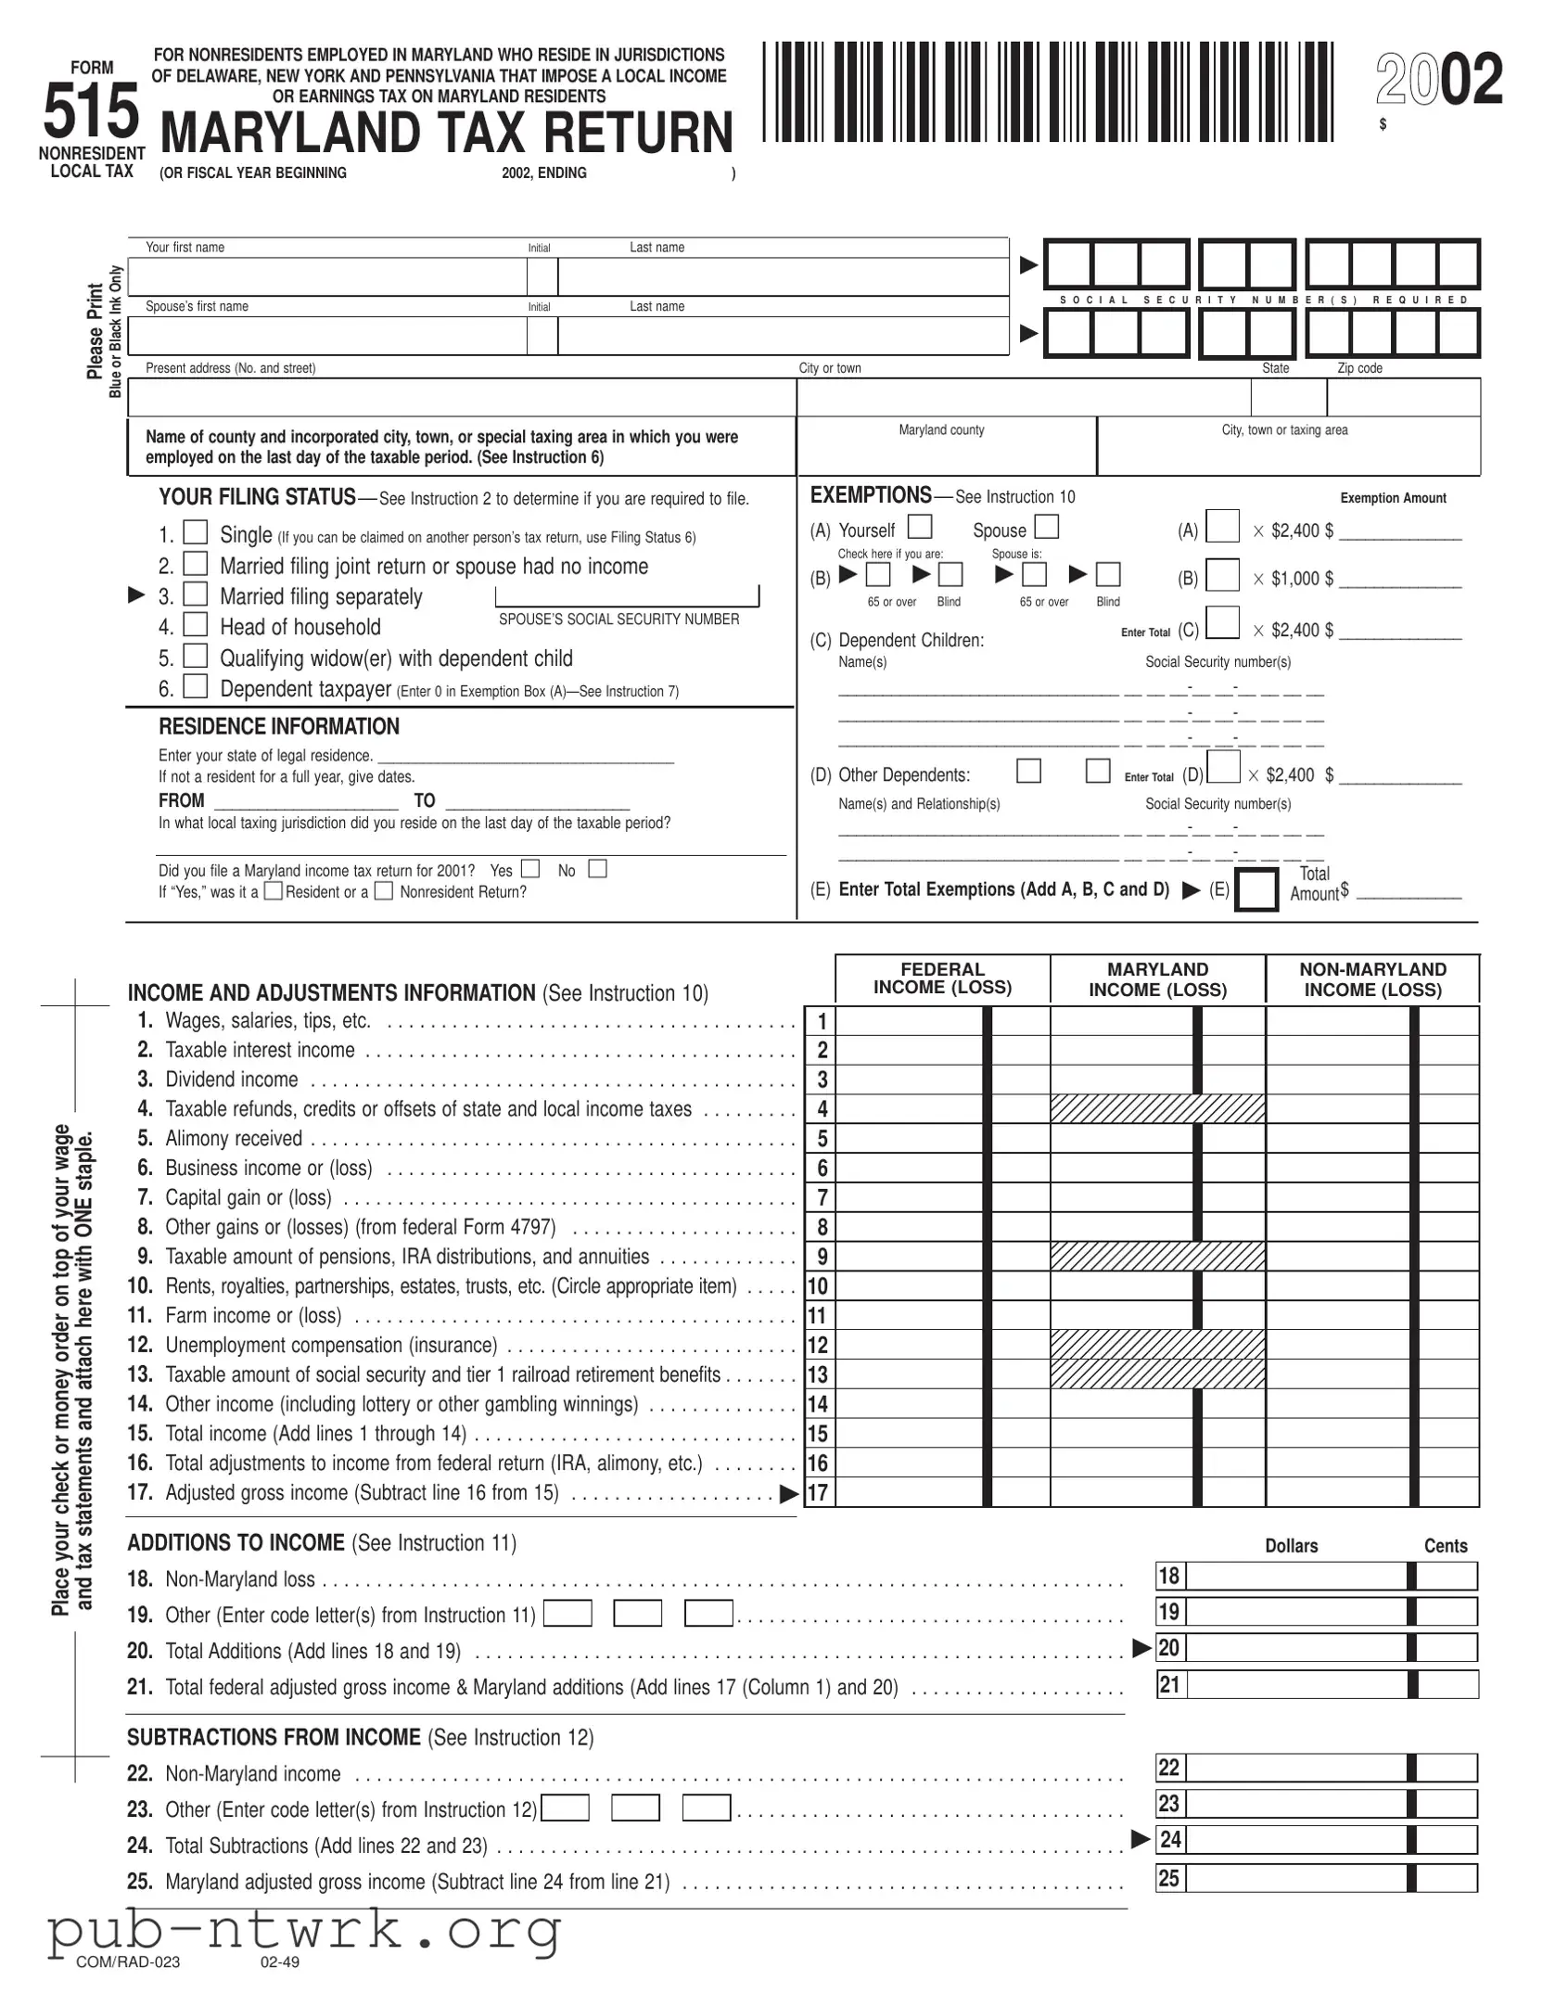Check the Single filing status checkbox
tap(195, 532)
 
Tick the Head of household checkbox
tap(195, 624)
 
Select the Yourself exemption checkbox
tap(919, 527)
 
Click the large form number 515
tap(91, 112)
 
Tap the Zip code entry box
tap(1403, 398)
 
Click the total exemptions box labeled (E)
tap(1256, 889)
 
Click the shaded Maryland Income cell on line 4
tap(1157, 1108)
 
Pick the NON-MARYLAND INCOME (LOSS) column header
tap(1372, 979)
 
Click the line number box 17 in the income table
tap(818, 1493)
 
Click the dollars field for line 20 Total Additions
tap(1296, 1648)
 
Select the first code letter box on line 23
tap(565, 1808)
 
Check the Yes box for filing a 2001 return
tap(529, 869)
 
